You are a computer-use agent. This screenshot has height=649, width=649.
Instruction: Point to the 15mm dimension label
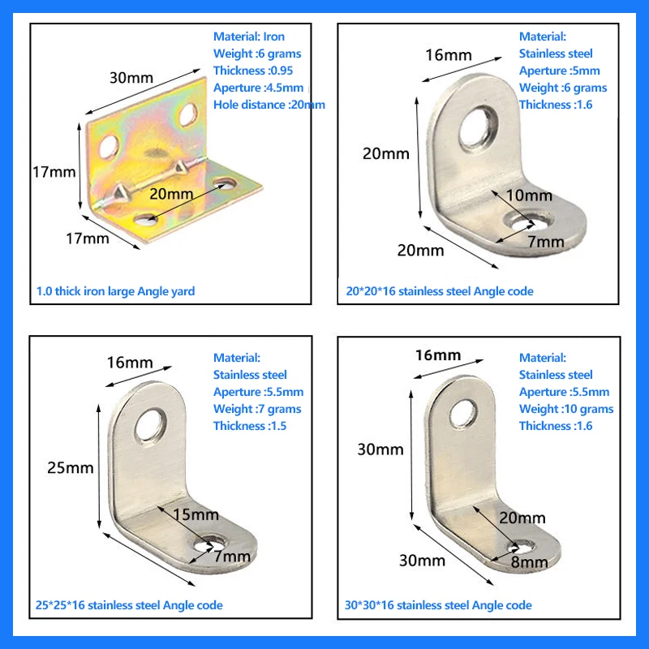point(195,514)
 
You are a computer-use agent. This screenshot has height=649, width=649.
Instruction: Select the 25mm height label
point(70,467)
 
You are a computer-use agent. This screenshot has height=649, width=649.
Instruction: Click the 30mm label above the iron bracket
point(132,78)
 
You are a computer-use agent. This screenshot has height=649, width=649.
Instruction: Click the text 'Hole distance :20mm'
point(269,105)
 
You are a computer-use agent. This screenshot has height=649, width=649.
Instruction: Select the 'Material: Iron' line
point(249,37)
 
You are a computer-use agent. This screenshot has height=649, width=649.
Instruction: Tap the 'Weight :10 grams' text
point(566,409)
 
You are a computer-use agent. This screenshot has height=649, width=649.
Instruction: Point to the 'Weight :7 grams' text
point(256,409)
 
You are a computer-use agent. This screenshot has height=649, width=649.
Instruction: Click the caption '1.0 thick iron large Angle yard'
point(116,291)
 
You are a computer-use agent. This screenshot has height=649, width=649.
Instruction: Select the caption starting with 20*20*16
point(438,291)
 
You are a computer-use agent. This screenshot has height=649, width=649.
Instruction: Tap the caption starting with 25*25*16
point(130,605)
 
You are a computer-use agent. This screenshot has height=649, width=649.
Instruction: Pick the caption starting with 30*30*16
point(438,605)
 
